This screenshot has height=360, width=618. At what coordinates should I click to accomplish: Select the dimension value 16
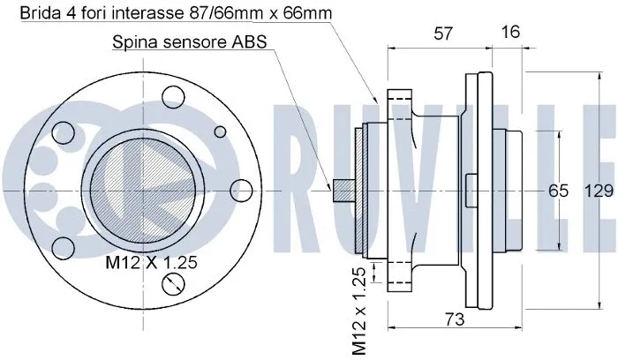(509, 33)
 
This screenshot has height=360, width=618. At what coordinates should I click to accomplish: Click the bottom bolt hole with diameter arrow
(174, 283)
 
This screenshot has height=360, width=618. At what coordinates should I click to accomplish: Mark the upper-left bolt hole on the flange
(63, 133)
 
